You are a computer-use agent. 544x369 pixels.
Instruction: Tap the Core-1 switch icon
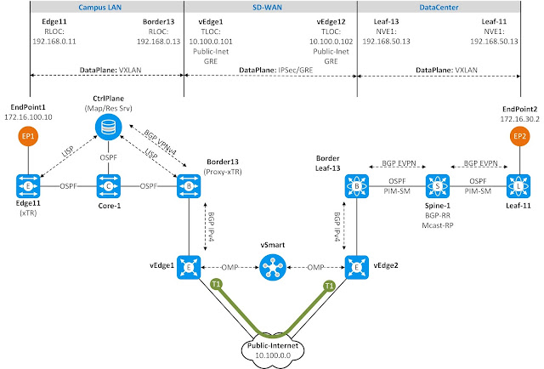click(x=107, y=186)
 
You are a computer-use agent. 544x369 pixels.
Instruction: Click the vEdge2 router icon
click(x=355, y=266)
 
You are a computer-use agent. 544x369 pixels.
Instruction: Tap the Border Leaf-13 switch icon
click(x=355, y=186)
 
